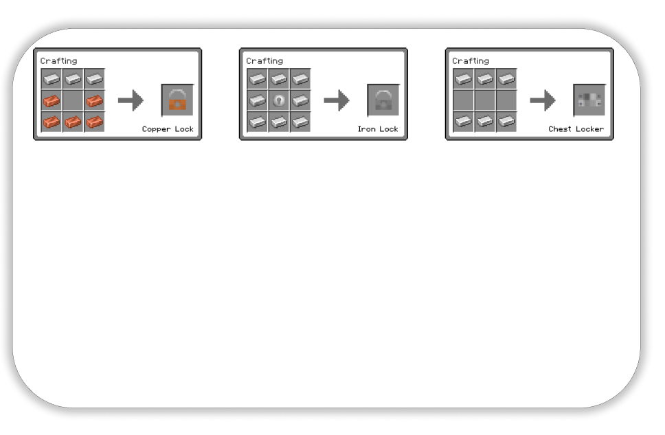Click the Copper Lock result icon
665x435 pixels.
(178, 100)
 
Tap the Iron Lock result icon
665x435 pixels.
(383, 100)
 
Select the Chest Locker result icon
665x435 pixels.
(589, 100)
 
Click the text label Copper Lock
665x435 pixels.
(168, 129)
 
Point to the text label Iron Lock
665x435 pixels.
(378, 129)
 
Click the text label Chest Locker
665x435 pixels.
(576, 129)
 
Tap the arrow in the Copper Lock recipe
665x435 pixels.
(131, 100)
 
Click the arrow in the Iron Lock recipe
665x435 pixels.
(337, 100)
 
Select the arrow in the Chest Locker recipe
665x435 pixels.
(543, 100)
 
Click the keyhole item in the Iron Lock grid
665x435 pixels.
(279, 100)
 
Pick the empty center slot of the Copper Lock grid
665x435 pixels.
(73, 100)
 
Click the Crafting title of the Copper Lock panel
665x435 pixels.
(58, 61)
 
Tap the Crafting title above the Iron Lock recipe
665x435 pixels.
(264, 61)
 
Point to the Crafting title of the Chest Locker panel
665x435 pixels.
(471, 61)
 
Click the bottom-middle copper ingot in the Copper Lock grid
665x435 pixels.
(73, 122)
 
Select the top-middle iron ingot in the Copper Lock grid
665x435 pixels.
(73, 79)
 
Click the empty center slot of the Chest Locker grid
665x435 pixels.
(485, 100)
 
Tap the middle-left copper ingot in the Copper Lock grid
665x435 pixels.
(52, 100)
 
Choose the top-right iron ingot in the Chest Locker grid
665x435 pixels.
(506, 79)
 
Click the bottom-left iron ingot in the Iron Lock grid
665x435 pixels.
(258, 122)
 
